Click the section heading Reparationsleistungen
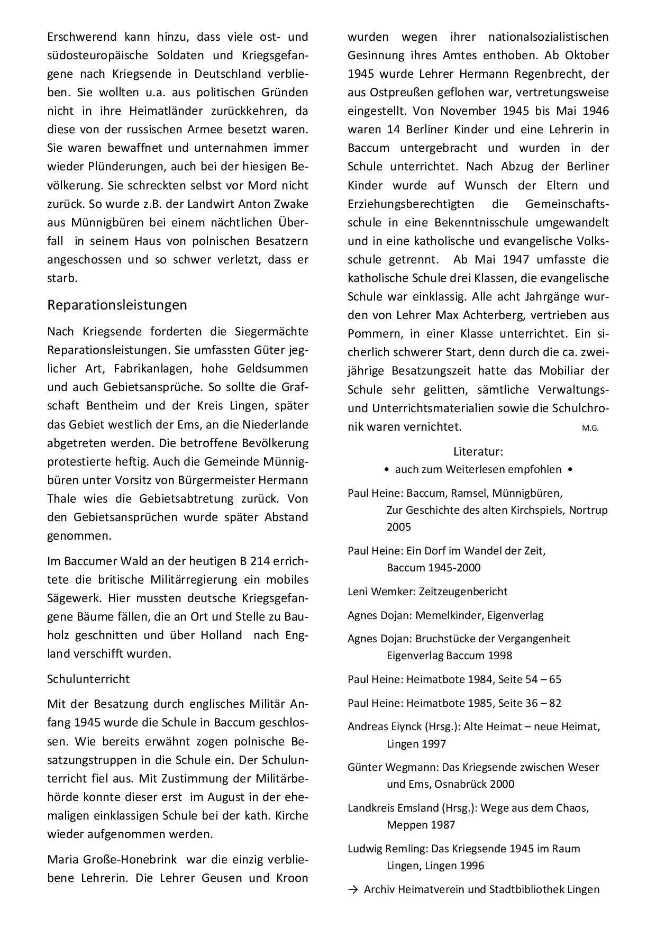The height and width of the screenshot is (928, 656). coord(117,305)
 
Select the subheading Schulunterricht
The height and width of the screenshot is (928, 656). coord(88,679)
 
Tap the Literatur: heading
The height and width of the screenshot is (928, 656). coord(478,452)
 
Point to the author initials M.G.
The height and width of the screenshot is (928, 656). coord(590,428)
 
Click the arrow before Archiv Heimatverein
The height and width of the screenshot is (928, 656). coord(352,889)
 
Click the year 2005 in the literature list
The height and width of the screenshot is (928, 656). coord(399,527)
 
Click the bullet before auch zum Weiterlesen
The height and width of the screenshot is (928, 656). coord(388,470)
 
